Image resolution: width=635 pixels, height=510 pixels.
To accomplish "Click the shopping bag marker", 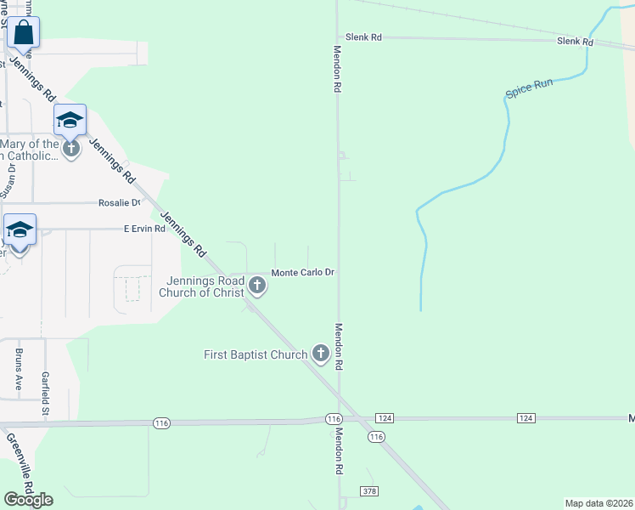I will tap(24, 34).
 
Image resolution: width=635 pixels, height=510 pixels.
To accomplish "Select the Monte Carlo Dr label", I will tap(303, 273).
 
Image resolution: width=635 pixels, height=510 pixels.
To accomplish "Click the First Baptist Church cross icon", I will tap(321, 353).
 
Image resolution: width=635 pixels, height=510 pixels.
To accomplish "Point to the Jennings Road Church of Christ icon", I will tap(257, 287).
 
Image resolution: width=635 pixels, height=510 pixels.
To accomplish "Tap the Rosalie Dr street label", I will tap(119, 203).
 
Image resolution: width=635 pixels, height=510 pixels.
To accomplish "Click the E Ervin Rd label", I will tap(143, 229).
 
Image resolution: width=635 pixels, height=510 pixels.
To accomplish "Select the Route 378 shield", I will tap(368, 491).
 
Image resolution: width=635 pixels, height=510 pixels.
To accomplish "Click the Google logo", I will tap(28, 499).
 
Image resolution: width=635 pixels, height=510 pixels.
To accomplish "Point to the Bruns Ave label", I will tap(19, 368).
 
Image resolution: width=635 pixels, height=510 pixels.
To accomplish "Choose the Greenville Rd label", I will tap(20, 463).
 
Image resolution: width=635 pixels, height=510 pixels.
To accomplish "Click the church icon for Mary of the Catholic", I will tap(71, 147).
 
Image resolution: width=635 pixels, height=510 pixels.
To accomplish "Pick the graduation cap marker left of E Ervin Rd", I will tap(20, 230).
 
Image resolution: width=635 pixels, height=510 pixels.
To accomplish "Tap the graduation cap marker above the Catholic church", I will tap(70, 120).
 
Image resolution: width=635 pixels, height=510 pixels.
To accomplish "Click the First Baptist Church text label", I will tap(256, 354).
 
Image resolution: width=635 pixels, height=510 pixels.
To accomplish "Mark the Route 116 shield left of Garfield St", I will tap(161, 422).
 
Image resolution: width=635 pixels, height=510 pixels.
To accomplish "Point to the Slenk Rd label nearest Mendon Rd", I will tap(364, 37).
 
